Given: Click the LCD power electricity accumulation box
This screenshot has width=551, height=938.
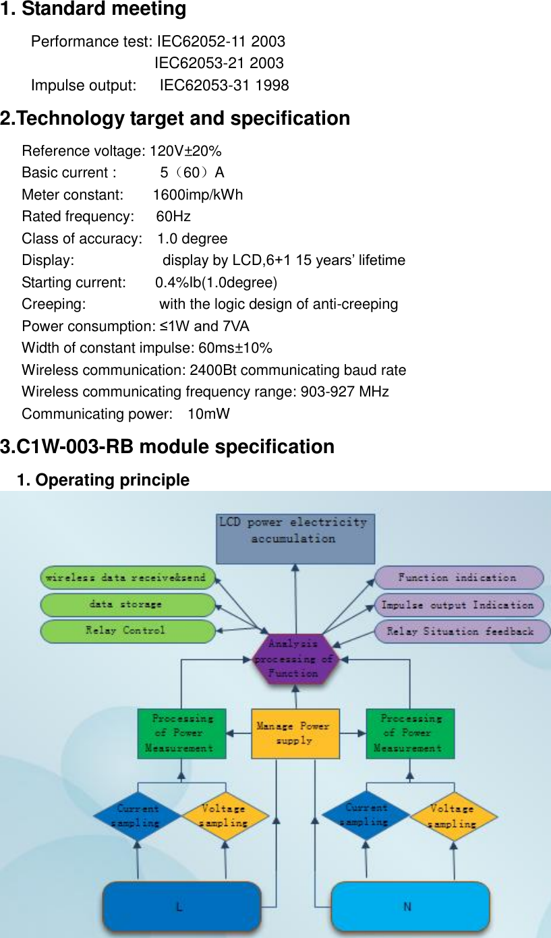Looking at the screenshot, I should pos(295,538).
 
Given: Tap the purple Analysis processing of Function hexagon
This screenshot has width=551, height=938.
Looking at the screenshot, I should pos(294,659).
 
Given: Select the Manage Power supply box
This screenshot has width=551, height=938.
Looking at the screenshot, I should pos(294,733).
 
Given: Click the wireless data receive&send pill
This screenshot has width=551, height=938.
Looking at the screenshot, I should pos(127,578).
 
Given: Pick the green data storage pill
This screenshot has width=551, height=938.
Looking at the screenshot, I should pos(127,604).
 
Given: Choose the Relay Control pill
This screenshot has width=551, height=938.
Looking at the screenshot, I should pos(127,631).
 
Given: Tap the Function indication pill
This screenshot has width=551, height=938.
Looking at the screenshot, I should pos(459,578).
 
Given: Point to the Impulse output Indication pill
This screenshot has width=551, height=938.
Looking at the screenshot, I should pos(459,605).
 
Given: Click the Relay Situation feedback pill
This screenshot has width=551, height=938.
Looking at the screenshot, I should pos(461,632).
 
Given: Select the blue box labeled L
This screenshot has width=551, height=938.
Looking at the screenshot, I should pos(181,907).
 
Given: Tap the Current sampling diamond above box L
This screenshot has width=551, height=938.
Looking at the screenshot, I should pos(138,815).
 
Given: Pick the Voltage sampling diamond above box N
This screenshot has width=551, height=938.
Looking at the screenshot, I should pos(453,815).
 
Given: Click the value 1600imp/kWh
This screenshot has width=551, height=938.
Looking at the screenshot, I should pos(198,195).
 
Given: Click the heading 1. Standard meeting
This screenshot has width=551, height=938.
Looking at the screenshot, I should pos(94,9).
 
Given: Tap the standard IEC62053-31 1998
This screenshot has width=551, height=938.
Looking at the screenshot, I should pos(224,86).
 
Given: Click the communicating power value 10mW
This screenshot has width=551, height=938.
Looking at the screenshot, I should pos(208,413).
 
